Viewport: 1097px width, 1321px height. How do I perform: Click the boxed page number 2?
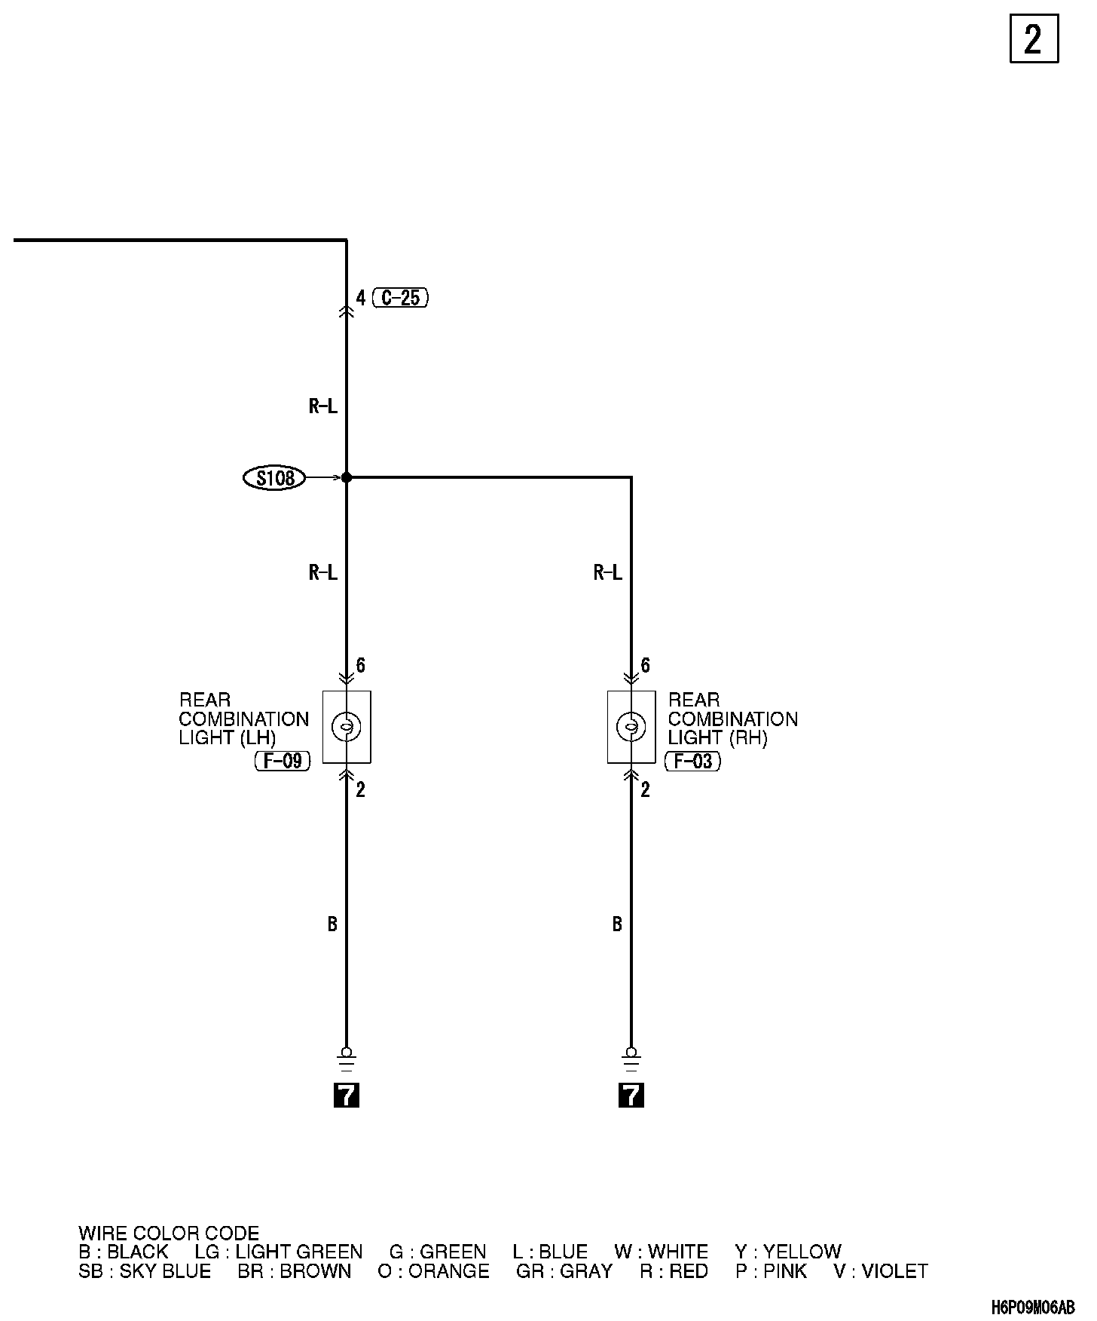[1033, 39]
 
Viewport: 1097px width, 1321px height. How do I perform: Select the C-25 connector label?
[400, 298]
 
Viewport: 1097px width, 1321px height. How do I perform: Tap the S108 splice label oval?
[274, 478]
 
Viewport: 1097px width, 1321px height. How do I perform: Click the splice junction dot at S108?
[347, 477]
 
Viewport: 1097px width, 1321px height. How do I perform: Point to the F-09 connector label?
[283, 762]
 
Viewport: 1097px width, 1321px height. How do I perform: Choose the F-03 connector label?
[692, 762]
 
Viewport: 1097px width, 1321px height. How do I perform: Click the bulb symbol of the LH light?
[347, 727]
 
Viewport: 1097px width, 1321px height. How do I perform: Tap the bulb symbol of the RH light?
[631, 727]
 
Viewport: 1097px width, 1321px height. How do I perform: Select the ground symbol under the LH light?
[347, 1060]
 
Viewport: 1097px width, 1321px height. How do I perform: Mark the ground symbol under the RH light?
[631, 1060]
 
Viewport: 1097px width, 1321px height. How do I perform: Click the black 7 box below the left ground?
[347, 1095]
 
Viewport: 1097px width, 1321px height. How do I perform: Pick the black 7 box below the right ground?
[631, 1095]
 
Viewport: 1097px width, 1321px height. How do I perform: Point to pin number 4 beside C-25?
[361, 299]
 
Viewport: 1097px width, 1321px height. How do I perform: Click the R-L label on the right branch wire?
[608, 573]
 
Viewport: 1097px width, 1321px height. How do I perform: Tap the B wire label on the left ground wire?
[332, 924]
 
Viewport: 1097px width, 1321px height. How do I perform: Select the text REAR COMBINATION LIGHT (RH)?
[732, 719]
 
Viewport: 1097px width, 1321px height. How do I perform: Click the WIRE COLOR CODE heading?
[169, 1234]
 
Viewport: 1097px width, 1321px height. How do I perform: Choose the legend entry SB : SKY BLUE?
[145, 1271]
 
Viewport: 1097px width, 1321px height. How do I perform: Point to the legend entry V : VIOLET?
[881, 1271]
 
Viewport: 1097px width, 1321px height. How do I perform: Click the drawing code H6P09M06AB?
[1033, 1307]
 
